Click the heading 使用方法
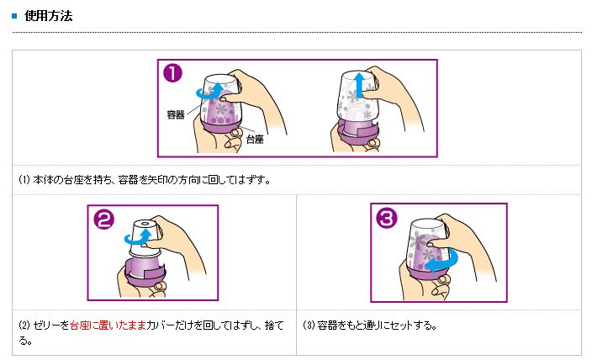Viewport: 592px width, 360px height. pyautogui.click(x=48, y=16)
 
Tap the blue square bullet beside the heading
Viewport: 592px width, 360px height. pyautogui.click(x=15, y=16)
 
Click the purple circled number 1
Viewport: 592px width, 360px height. pyautogui.click(x=172, y=73)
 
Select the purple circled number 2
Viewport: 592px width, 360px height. pyautogui.click(x=103, y=219)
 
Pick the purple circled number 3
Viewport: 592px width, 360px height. pyautogui.click(x=387, y=218)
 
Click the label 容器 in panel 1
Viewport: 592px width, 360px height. pyautogui.click(x=176, y=114)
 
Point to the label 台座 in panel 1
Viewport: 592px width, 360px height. pyautogui.click(x=255, y=139)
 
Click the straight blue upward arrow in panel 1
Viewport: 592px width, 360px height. pyautogui.click(x=359, y=85)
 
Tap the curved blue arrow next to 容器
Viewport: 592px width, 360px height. pyautogui.click(x=210, y=92)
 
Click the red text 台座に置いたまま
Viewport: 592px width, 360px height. pyautogui.click(x=108, y=326)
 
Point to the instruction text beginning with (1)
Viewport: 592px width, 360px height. pyautogui.click(x=145, y=180)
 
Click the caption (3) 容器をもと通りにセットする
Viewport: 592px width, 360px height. pyautogui.click(x=370, y=326)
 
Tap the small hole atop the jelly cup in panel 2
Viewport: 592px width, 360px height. pyautogui.click(x=145, y=225)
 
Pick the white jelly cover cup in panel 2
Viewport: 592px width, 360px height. pyautogui.click(x=145, y=239)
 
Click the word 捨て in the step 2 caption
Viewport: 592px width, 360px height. pyautogui.click(x=274, y=326)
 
